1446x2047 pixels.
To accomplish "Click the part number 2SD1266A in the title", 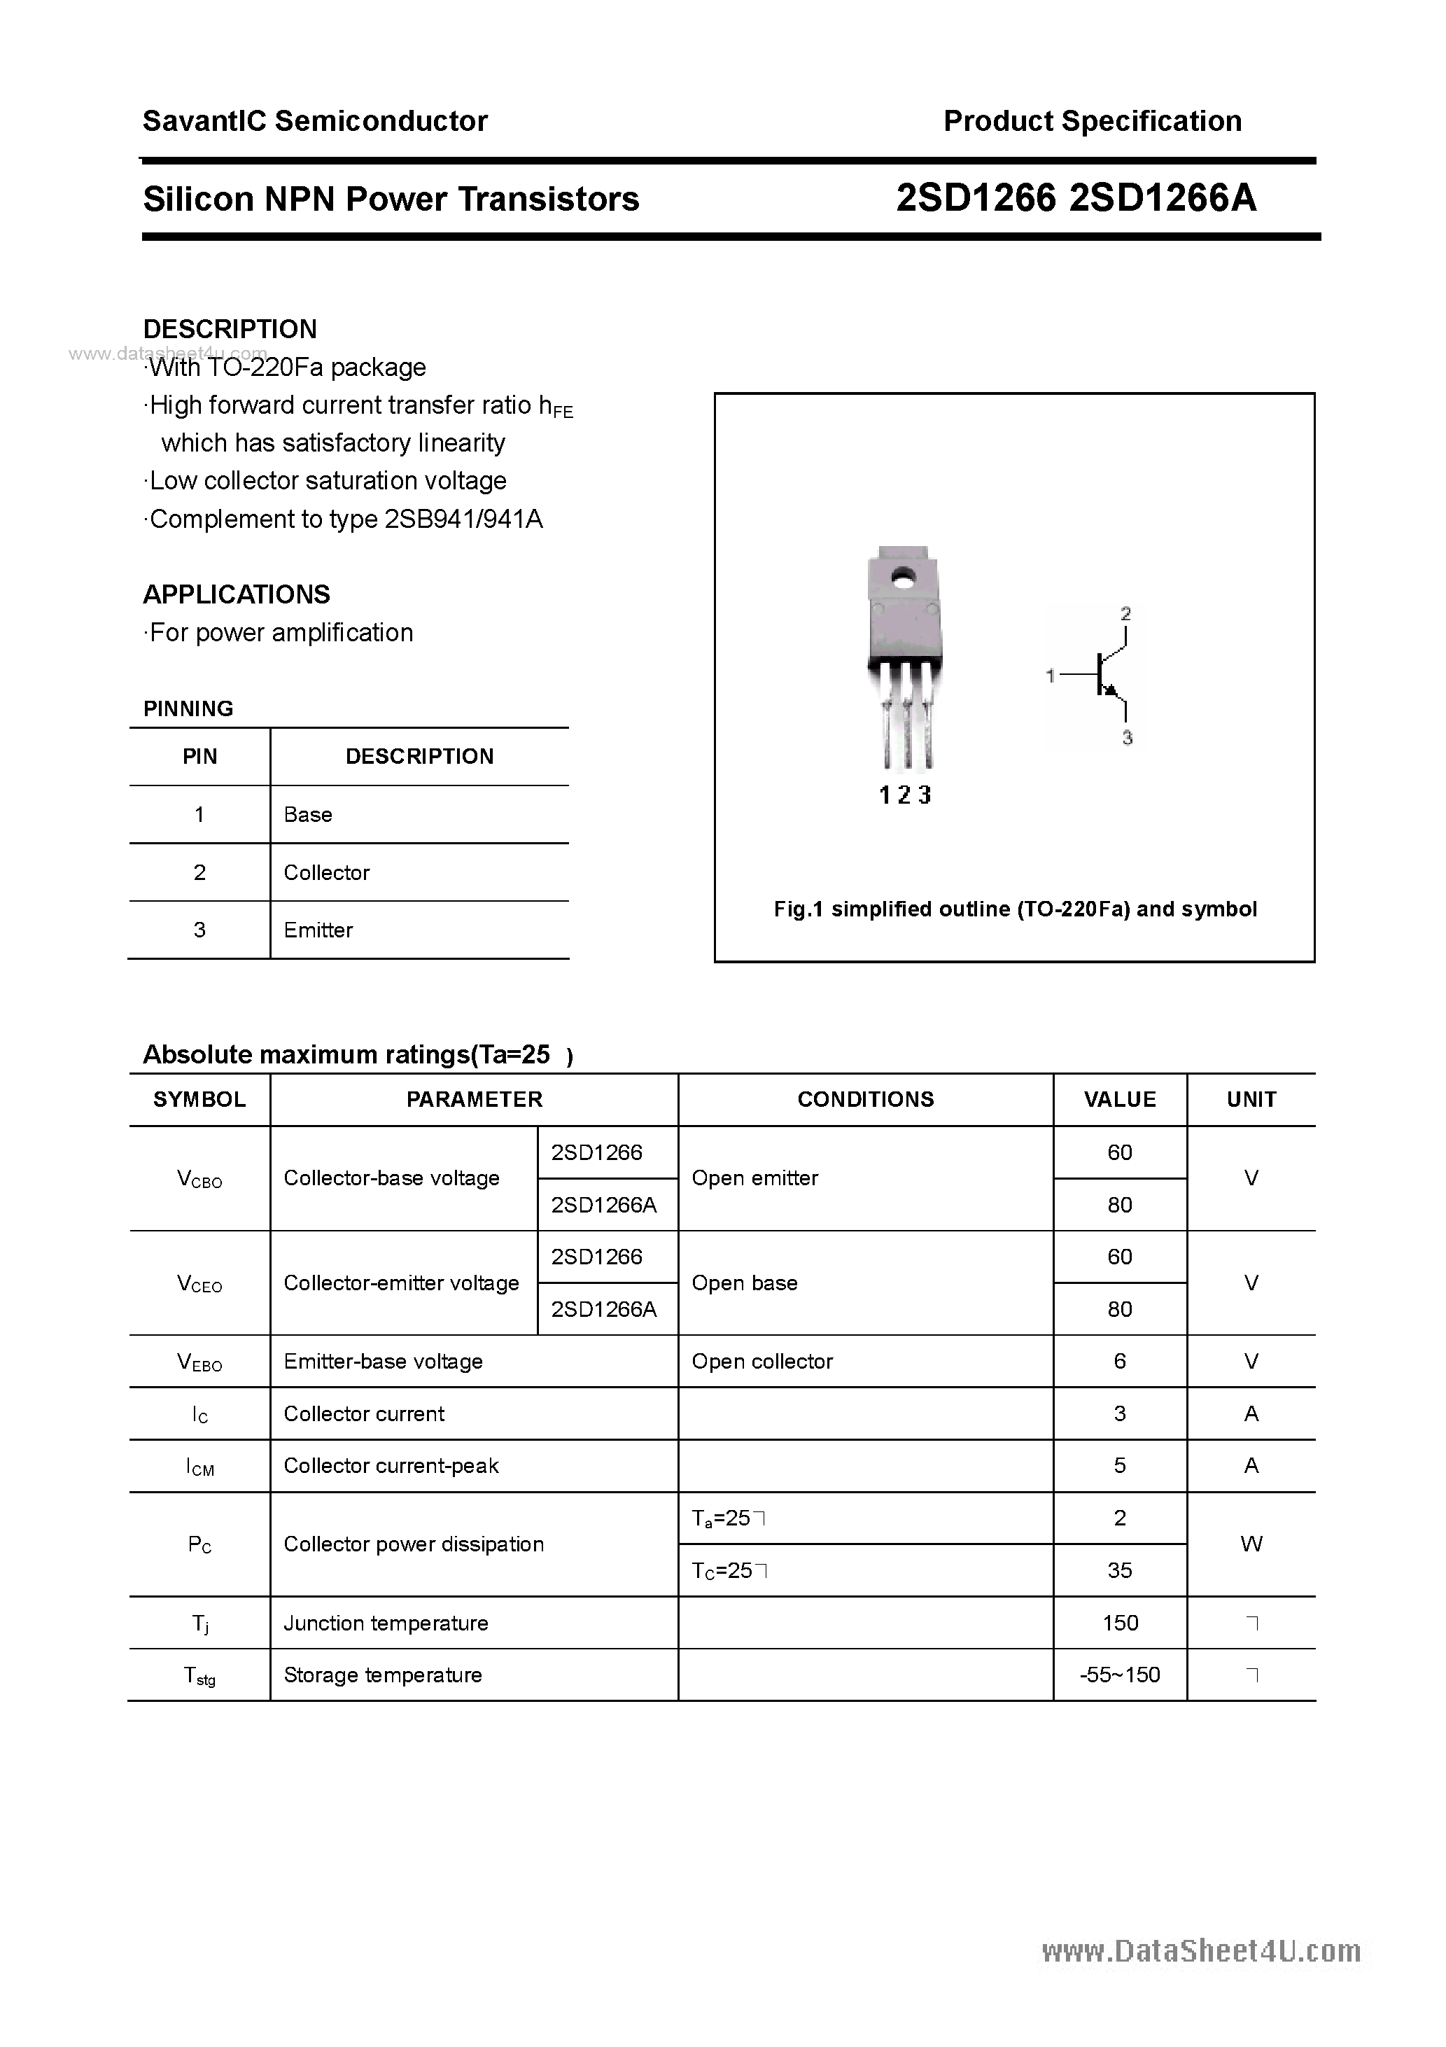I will [1162, 198].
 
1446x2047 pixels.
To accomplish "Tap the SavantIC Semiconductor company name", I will [315, 121].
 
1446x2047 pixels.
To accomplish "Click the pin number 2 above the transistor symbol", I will [1126, 613].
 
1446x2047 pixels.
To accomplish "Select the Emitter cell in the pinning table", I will [318, 930].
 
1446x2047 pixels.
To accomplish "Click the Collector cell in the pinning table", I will [326, 872].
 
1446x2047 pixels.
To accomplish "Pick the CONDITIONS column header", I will [865, 1099].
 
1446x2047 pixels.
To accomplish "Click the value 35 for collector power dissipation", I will [1120, 1570].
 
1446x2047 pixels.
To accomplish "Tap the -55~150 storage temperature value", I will [1120, 1675].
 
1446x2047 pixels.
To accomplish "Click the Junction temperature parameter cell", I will [386, 1623].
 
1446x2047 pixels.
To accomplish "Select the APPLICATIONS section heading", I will [237, 594].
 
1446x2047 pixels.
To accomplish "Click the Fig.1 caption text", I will [1015, 909].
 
